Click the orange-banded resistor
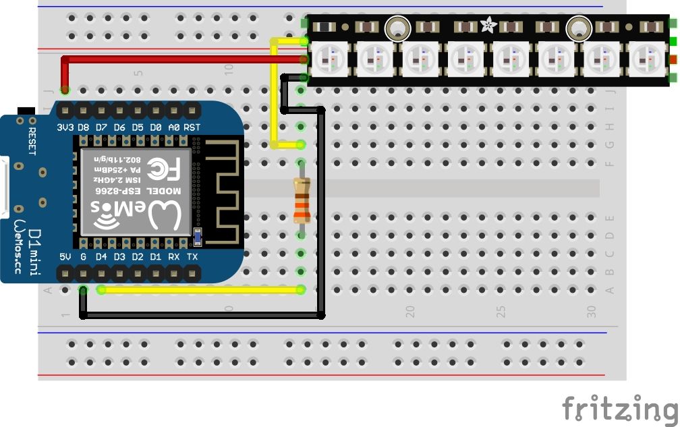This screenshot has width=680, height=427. (301, 201)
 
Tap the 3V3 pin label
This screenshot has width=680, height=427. (65, 127)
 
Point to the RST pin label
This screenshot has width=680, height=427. (192, 127)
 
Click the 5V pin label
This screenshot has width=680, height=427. (65, 257)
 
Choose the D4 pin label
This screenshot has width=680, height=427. (101, 257)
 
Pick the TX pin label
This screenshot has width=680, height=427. (192, 257)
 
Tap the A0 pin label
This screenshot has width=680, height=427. (173, 127)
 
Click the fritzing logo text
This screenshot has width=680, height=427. (619, 409)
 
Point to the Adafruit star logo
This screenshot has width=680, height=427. (487, 27)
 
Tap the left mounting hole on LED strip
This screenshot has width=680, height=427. (397, 28)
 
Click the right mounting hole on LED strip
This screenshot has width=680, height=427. (577, 28)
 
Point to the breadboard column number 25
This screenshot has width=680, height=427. (501, 312)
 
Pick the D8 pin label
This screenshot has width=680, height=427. (84, 127)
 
